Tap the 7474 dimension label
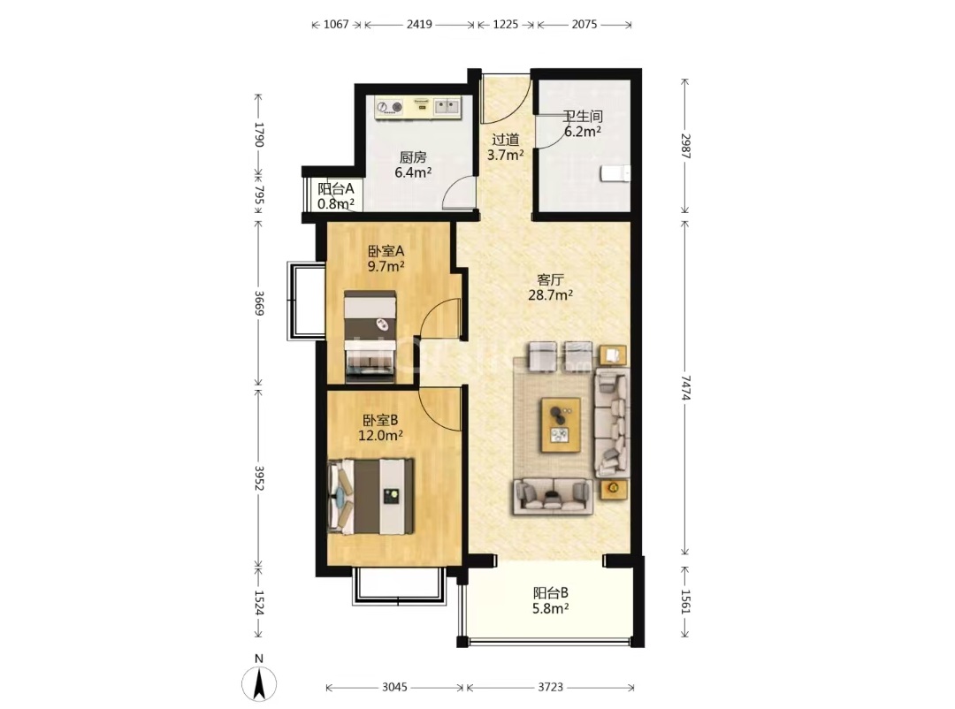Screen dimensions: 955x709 click(x=685, y=387)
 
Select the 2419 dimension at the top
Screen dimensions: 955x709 click(x=419, y=25)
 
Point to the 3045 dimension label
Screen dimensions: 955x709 click(x=394, y=687)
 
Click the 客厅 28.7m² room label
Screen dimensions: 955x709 click(x=550, y=287)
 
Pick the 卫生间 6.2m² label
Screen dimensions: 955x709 click(x=583, y=124)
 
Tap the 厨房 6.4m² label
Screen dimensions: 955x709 click(x=413, y=165)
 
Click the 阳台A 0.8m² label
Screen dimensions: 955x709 click(x=336, y=196)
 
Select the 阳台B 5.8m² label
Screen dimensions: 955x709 click(x=551, y=600)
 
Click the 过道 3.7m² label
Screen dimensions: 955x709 click(x=505, y=148)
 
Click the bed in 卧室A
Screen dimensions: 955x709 click(x=371, y=337)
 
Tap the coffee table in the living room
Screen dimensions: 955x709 click(x=561, y=424)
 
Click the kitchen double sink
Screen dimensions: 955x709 click(x=447, y=107)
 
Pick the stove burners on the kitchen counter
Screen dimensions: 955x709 click(x=390, y=108)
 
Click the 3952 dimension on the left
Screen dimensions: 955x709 click(x=259, y=478)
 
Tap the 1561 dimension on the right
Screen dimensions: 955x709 click(x=685, y=601)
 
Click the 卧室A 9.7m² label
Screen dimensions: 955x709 click(x=386, y=258)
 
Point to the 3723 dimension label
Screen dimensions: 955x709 click(x=550, y=687)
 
